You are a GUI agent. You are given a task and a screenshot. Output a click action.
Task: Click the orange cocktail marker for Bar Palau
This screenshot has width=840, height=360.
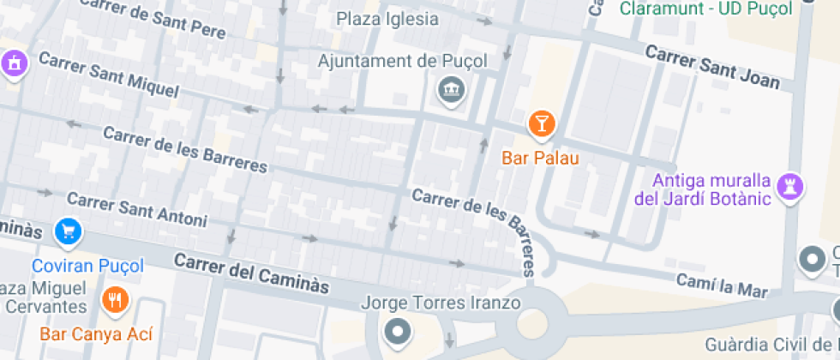point(541,124)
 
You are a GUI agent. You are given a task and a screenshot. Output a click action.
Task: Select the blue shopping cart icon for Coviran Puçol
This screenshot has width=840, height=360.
point(68,231)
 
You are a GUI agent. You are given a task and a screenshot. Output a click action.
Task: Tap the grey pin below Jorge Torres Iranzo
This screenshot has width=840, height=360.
point(396,330)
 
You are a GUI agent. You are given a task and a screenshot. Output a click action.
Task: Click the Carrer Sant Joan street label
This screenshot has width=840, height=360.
point(712,67)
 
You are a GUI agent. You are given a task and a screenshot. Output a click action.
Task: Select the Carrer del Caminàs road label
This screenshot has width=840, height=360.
point(251,273)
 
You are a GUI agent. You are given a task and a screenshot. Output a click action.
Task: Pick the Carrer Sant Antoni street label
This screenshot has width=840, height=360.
point(136,210)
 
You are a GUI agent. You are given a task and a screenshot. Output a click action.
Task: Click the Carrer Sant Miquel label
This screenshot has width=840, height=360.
point(108,75)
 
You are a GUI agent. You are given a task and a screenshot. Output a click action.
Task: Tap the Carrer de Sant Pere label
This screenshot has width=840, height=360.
point(152,18)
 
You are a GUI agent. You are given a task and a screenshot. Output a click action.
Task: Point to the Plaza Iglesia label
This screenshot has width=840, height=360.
point(387,18)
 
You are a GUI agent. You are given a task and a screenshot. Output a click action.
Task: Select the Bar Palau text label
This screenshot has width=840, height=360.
point(541,158)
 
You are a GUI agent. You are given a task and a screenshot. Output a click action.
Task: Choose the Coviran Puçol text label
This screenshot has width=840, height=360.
point(87,266)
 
